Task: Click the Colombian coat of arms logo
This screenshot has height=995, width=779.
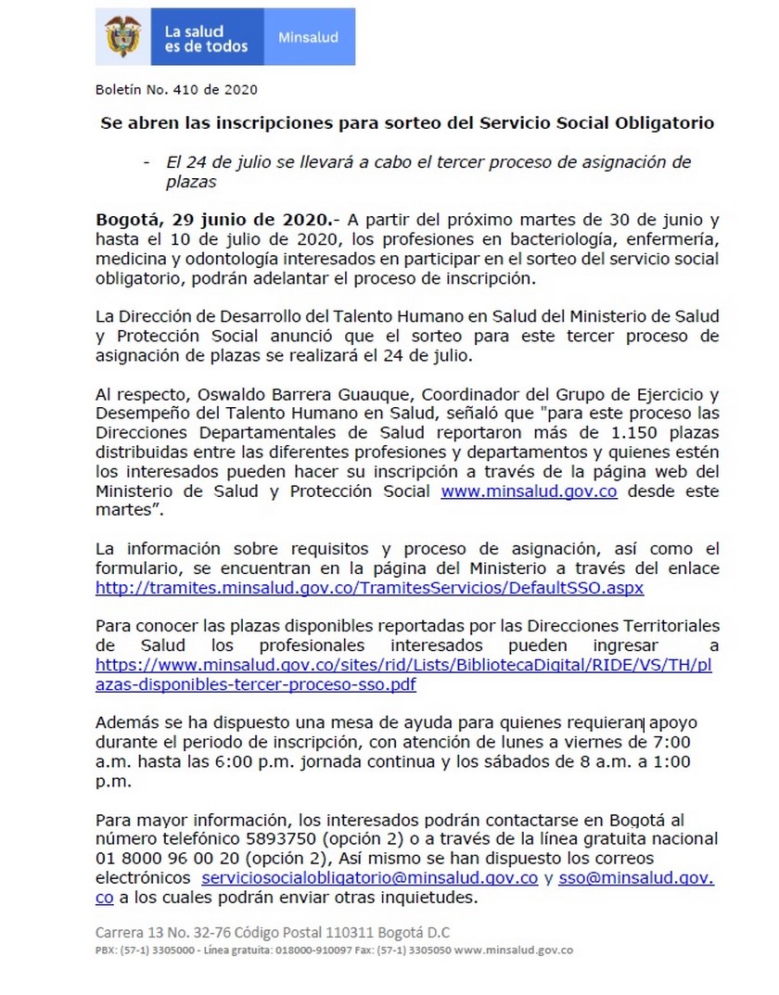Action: click(122, 37)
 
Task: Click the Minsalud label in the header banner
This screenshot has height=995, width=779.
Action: click(308, 38)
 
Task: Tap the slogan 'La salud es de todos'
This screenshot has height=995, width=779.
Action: click(206, 38)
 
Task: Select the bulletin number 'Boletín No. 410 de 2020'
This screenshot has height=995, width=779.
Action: click(176, 90)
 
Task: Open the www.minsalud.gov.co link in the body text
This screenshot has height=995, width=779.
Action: click(529, 492)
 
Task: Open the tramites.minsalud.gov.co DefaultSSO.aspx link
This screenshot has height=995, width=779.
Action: click(369, 588)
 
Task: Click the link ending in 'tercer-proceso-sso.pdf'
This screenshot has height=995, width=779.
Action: click(256, 684)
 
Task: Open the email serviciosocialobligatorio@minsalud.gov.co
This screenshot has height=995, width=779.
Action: click(369, 878)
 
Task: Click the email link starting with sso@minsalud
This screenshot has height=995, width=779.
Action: click(635, 878)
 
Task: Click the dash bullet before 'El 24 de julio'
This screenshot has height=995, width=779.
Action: click(147, 162)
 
